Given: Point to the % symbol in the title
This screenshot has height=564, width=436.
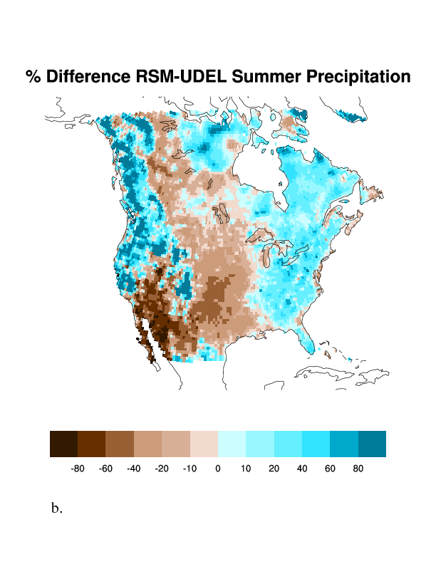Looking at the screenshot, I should (33, 76).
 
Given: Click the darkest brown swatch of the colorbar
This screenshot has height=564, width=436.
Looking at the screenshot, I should (63, 444).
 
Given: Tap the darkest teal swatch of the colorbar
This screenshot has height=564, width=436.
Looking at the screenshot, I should (372, 444).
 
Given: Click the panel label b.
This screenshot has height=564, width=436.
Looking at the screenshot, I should (57, 509).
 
